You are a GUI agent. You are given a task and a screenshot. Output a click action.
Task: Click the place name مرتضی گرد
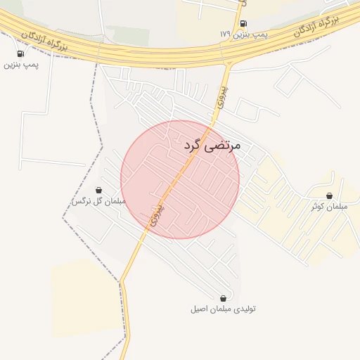(x=212, y=146)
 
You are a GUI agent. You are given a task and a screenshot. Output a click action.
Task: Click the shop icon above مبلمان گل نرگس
(x=98, y=190)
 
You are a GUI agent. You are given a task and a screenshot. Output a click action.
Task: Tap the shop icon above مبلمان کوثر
(x=329, y=195)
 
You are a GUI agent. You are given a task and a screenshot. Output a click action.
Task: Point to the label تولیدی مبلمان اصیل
(x=224, y=309)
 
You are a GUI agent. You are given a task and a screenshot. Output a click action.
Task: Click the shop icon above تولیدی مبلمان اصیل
(x=224, y=298)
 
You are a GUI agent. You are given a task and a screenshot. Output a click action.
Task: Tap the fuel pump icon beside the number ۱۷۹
(x=243, y=23)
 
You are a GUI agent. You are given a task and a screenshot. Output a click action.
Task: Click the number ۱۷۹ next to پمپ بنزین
(x=225, y=34)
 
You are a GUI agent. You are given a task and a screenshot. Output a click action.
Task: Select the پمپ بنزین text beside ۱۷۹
(x=250, y=34)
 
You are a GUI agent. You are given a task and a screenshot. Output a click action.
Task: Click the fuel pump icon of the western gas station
(x=20, y=53)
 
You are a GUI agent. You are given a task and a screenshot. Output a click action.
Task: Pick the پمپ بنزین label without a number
(x=21, y=64)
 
